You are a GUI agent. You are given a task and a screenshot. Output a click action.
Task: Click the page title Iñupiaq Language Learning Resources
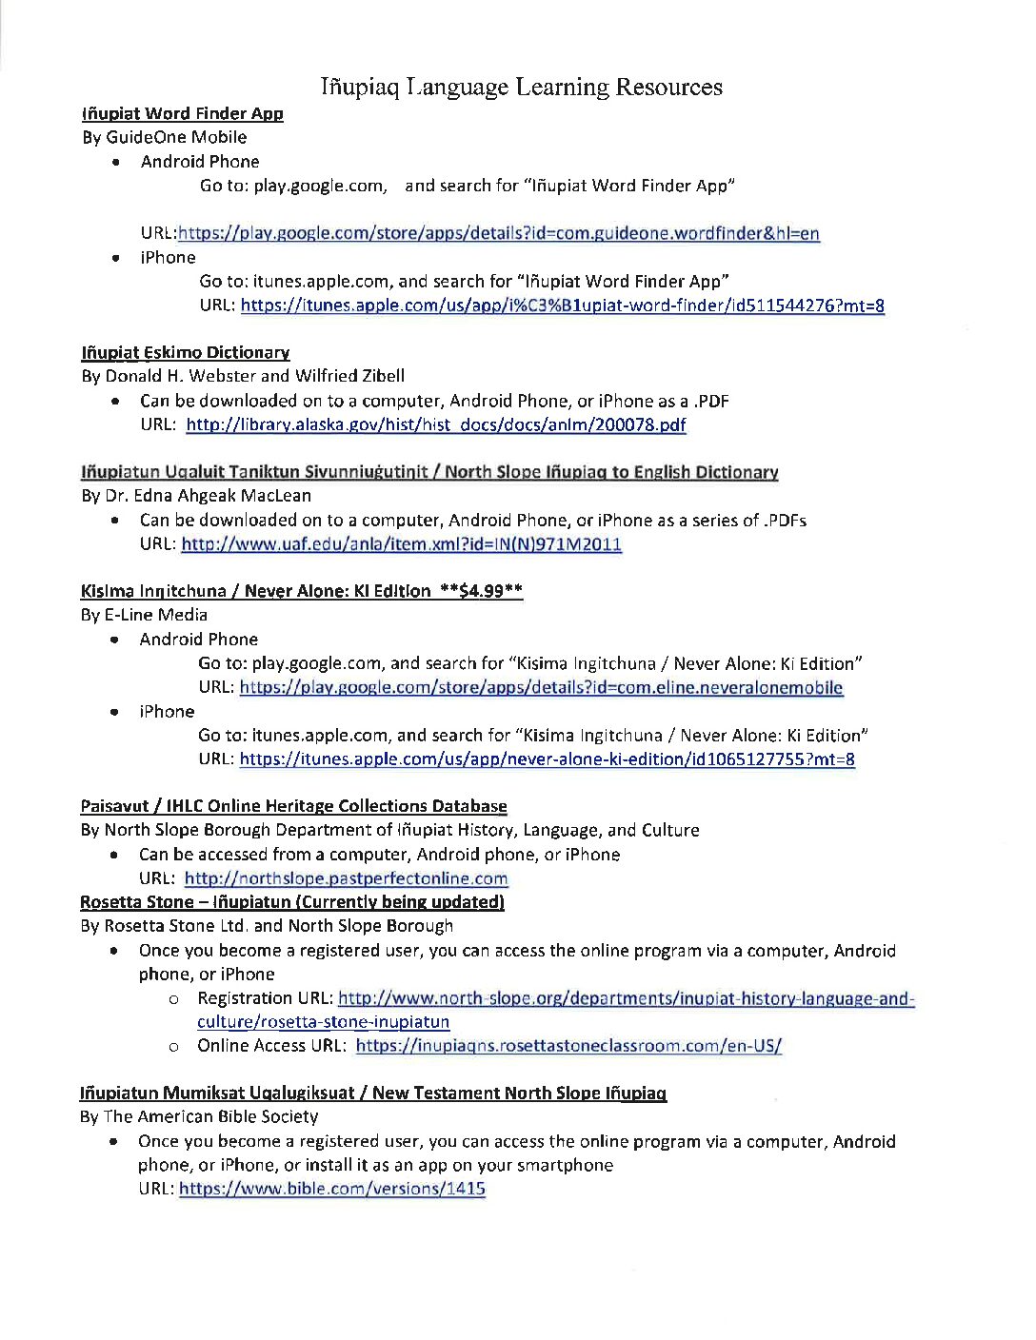coord(521,88)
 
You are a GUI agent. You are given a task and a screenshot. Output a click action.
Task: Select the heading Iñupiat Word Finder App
coord(182,114)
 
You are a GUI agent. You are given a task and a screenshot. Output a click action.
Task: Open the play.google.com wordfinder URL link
coord(498,233)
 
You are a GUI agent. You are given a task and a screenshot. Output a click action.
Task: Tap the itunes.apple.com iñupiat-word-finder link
coord(562,305)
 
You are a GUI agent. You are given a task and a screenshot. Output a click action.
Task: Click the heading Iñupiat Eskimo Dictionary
coord(186,353)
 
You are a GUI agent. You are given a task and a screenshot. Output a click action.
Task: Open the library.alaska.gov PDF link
coord(435,424)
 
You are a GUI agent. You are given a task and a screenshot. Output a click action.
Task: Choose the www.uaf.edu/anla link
coord(401,544)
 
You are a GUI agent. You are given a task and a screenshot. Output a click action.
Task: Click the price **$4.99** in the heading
coord(481,591)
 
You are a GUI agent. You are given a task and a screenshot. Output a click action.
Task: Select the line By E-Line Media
coord(145,615)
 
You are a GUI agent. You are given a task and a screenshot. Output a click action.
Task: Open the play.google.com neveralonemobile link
coord(541,687)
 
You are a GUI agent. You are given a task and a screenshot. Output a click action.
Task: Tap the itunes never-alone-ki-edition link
coord(547,759)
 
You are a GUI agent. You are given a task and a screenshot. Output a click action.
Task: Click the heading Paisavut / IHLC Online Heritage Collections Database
coord(293,806)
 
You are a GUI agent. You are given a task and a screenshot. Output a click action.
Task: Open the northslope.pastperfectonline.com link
coord(346,878)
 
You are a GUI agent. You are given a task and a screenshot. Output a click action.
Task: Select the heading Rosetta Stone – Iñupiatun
coord(291,901)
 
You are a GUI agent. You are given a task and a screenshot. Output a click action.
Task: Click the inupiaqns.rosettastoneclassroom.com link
coord(568,1045)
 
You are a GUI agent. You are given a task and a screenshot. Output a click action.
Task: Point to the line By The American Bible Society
coord(199,1116)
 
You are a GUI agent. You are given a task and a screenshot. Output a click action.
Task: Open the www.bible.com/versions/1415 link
coord(331,1188)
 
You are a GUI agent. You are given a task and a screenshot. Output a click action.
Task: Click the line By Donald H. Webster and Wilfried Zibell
coord(243,376)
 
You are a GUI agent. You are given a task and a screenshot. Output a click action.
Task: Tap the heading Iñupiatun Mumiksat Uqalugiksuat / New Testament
coord(372,1093)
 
